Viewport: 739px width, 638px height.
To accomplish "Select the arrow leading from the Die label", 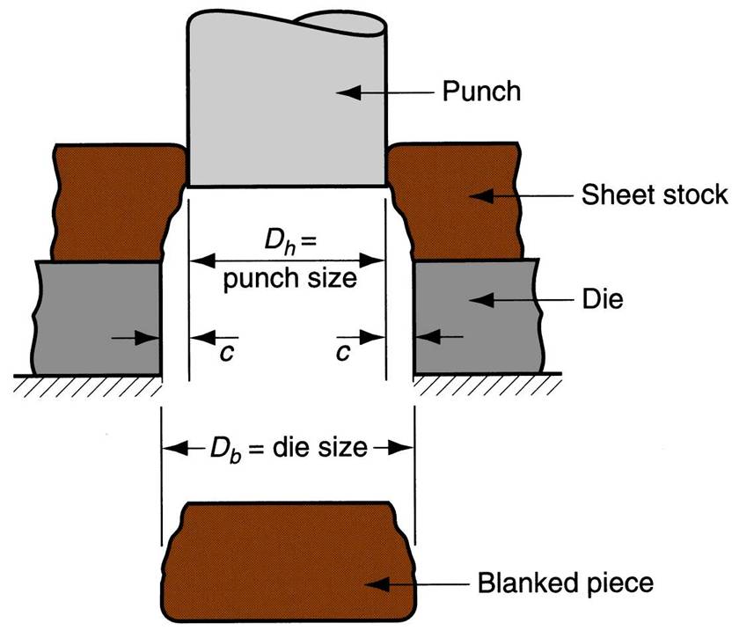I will [x=515, y=299].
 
